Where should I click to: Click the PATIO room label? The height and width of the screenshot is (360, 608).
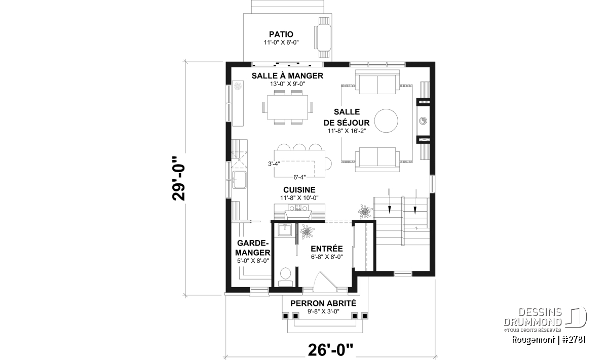(x=281, y=34)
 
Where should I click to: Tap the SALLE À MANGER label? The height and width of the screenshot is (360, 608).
(x=287, y=75)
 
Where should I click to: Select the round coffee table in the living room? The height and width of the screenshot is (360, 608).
(x=386, y=121)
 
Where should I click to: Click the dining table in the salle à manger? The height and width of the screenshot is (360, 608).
(x=287, y=107)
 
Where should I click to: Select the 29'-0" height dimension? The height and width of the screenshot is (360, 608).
(x=178, y=178)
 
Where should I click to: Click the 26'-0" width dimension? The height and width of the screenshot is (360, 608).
(x=330, y=350)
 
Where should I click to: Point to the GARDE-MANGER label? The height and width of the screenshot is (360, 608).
(x=252, y=248)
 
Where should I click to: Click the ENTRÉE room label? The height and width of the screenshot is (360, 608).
(x=327, y=249)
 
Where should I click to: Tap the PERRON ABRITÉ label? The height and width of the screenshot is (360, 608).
(x=323, y=303)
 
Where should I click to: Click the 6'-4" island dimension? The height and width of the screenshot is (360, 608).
(x=299, y=177)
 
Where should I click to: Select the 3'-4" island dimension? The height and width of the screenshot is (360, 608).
(x=274, y=164)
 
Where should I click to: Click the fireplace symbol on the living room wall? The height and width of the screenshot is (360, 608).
(x=423, y=121)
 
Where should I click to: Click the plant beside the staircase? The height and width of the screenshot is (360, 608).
(x=365, y=211)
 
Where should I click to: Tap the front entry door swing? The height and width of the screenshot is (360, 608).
(x=325, y=282)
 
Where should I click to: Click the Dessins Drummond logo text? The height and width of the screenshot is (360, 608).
(x=533, y=317)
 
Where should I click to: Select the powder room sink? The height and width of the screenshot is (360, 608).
(x=284, y=230)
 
